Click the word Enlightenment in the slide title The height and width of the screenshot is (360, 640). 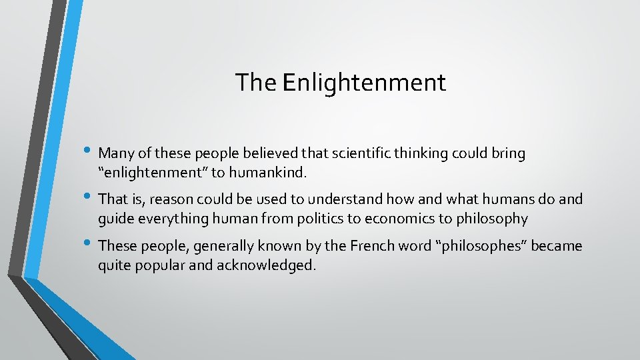[x=364, y=83]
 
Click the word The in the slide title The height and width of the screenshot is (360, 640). [x=256, y=83]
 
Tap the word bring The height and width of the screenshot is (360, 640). [x=508, y=154]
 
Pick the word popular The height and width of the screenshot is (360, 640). [x=165, y=265]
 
